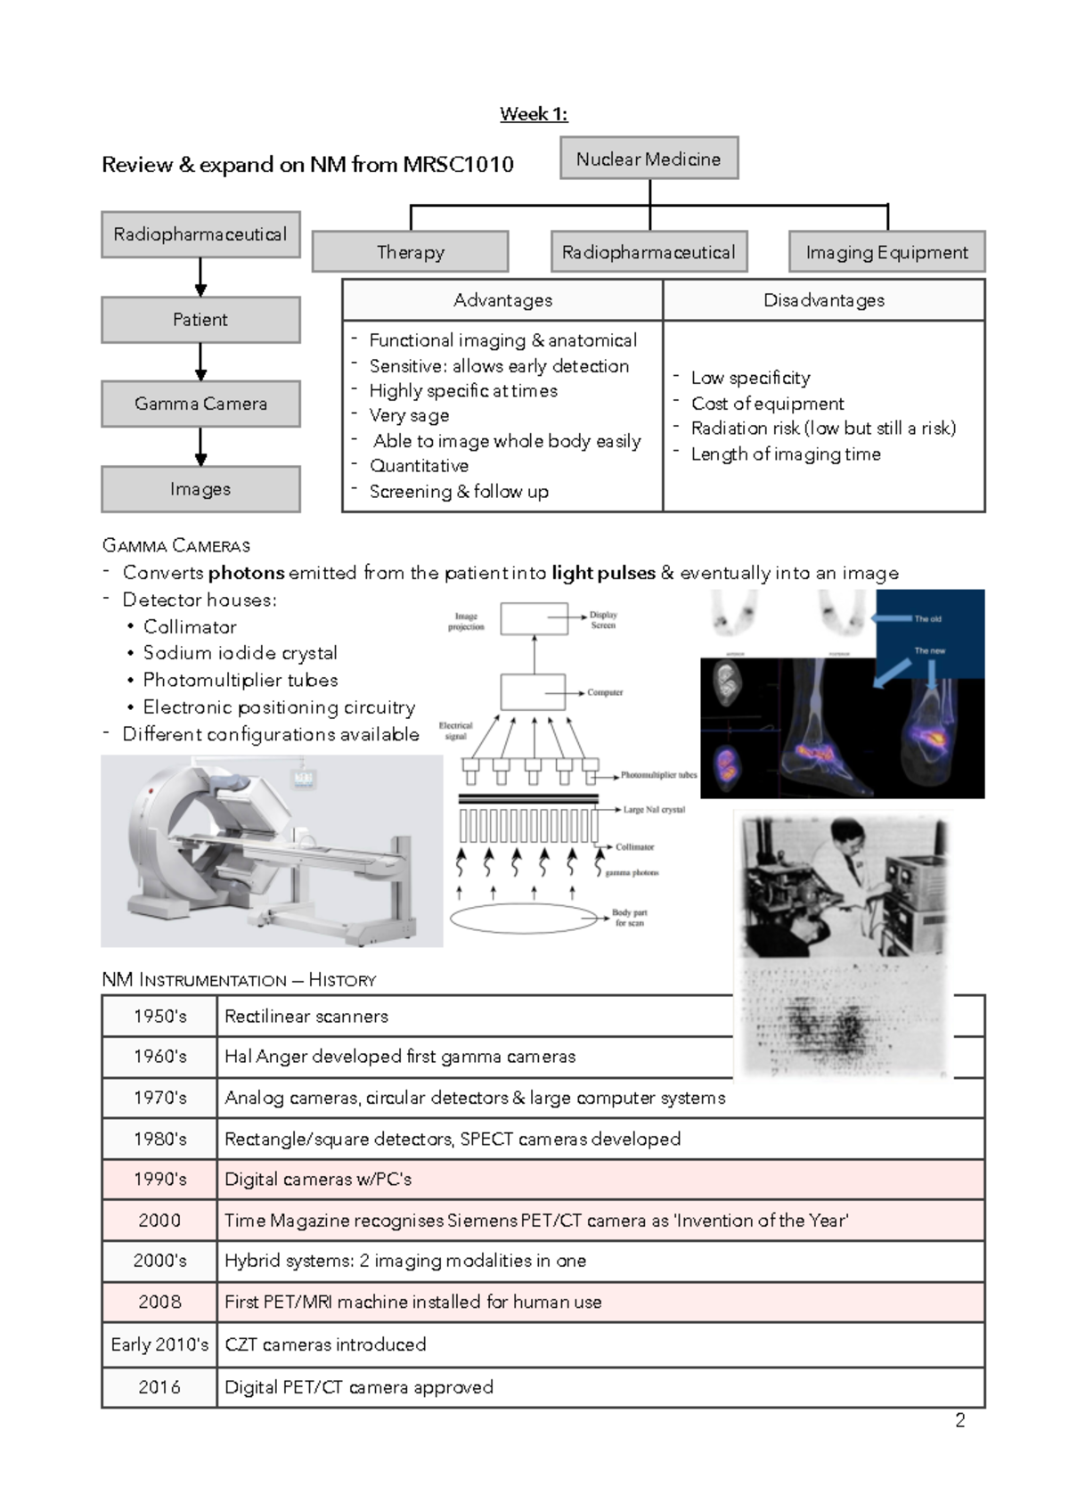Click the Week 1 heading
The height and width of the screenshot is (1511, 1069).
534,114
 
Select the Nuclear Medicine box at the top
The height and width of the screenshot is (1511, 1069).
649,159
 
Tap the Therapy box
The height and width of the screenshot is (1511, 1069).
411,252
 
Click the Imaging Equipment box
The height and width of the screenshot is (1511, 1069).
886,252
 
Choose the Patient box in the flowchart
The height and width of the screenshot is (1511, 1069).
200,320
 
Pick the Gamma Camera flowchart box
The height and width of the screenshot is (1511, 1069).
200,404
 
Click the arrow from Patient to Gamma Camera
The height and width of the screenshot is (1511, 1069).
200,362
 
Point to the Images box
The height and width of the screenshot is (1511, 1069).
200,489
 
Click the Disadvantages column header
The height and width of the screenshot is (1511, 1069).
824,300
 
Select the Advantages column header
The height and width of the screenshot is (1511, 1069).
502,300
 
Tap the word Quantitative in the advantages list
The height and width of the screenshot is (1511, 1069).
419,466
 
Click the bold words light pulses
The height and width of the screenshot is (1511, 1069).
603,573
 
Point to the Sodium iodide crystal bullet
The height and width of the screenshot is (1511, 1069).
241,653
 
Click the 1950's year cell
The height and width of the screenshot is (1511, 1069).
160,1017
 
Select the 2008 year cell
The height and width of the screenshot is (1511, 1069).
160,1302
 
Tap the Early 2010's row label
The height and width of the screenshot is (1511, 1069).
160,1344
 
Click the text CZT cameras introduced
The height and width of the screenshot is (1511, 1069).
325,1344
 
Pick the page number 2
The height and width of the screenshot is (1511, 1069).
960,1420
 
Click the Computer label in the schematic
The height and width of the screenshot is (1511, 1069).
605,692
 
